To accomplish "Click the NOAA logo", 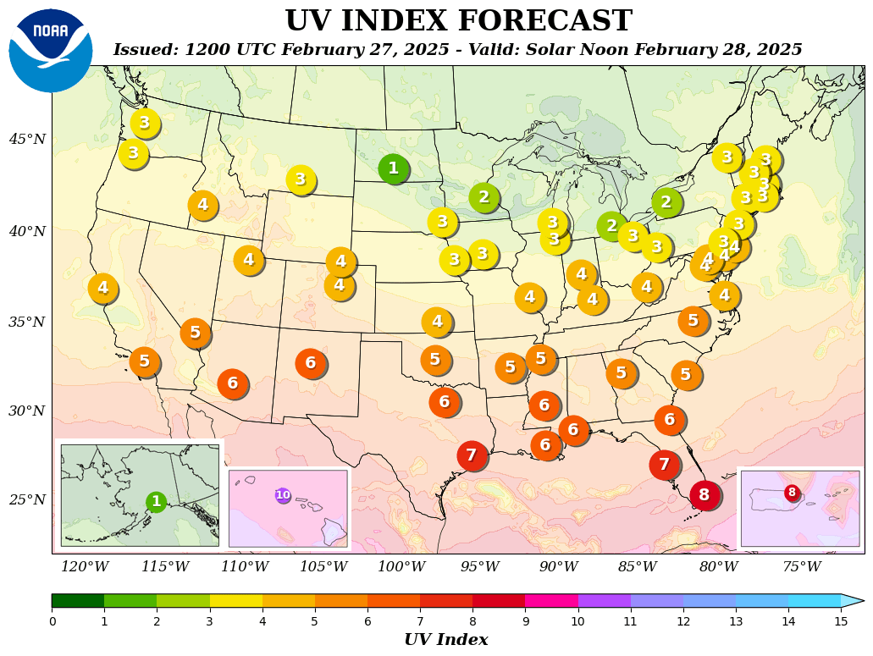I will pos(51,51).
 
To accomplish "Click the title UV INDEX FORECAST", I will pos(458,21).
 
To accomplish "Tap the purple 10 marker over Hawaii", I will pos(283,495).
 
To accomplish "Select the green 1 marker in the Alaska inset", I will pos(156,502).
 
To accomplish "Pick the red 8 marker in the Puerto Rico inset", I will pos(792,493).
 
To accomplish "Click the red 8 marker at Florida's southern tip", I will pos(704,495).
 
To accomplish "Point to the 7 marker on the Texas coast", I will pos(472,455).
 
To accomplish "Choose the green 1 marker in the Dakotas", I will pos(393,168).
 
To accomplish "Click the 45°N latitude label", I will pos(27,139).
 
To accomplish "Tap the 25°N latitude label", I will pos(27,499).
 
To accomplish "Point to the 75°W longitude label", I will pos(801,567).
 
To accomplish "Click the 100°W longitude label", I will pos(401,567).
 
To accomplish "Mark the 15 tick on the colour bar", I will pos(841,621).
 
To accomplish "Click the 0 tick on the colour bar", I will pos(52,621).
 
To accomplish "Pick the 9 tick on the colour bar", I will pos(525,621).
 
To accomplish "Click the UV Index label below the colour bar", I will pos(445,640).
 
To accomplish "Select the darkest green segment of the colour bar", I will pos(78,601).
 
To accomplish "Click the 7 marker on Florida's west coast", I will pos(665,465).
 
